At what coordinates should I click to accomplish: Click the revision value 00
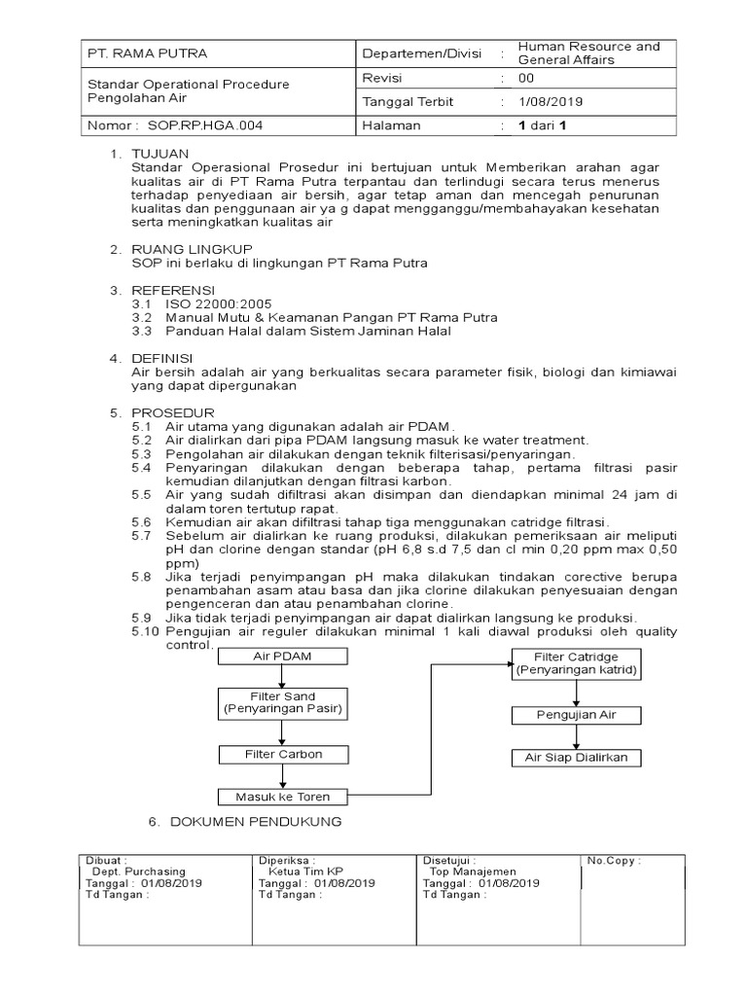tap(526, 78)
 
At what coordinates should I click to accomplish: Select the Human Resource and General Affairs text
tap(588, 53)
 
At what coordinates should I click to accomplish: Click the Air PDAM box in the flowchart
tap(281, 658)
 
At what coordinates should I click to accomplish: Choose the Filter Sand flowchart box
tap(281, 703)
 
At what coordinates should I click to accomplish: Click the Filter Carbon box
tap(283, 754)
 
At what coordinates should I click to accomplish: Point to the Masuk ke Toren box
tap(283, 797)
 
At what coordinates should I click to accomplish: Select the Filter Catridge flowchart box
tap(577, 664)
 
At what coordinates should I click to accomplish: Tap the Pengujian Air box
tap(577, 715)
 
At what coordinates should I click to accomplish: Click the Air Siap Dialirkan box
tap(577, 756)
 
